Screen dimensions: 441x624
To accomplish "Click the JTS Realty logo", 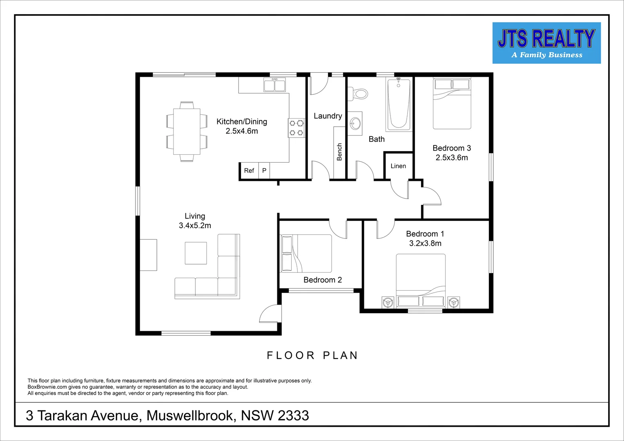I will (x=546, y=43).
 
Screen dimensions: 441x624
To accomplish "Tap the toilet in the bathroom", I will (x=359, y=94).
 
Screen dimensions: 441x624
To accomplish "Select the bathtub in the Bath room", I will (x=398, y=104).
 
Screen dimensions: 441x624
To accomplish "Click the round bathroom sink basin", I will (x=355, y=123).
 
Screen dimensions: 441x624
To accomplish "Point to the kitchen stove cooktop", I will (x=296, y=128).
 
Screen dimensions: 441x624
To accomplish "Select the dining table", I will (x=187, y=131).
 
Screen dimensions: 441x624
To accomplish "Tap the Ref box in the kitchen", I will (x=249, y=171).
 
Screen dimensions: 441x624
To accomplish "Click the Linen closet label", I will (x=398, y=166).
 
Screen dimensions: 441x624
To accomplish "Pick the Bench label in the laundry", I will (x=339, y=152).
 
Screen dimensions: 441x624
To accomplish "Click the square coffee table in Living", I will (x=196, y=253).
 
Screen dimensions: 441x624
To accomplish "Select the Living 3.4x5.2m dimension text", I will (x=195, y=225).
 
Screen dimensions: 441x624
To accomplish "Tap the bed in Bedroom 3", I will (x=452, y=104).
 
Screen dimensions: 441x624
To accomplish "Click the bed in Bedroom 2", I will (x=306, y=253).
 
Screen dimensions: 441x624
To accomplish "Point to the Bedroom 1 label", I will (x=425, y=234).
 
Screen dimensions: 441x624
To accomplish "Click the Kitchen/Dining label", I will (x=242, y=122).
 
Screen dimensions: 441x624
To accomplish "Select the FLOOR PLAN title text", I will (x=312, y=356).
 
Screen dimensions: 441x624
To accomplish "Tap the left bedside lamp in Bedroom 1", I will (x=388, y=303).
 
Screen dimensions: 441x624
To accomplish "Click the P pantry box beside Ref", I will (x=264, y=171).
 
